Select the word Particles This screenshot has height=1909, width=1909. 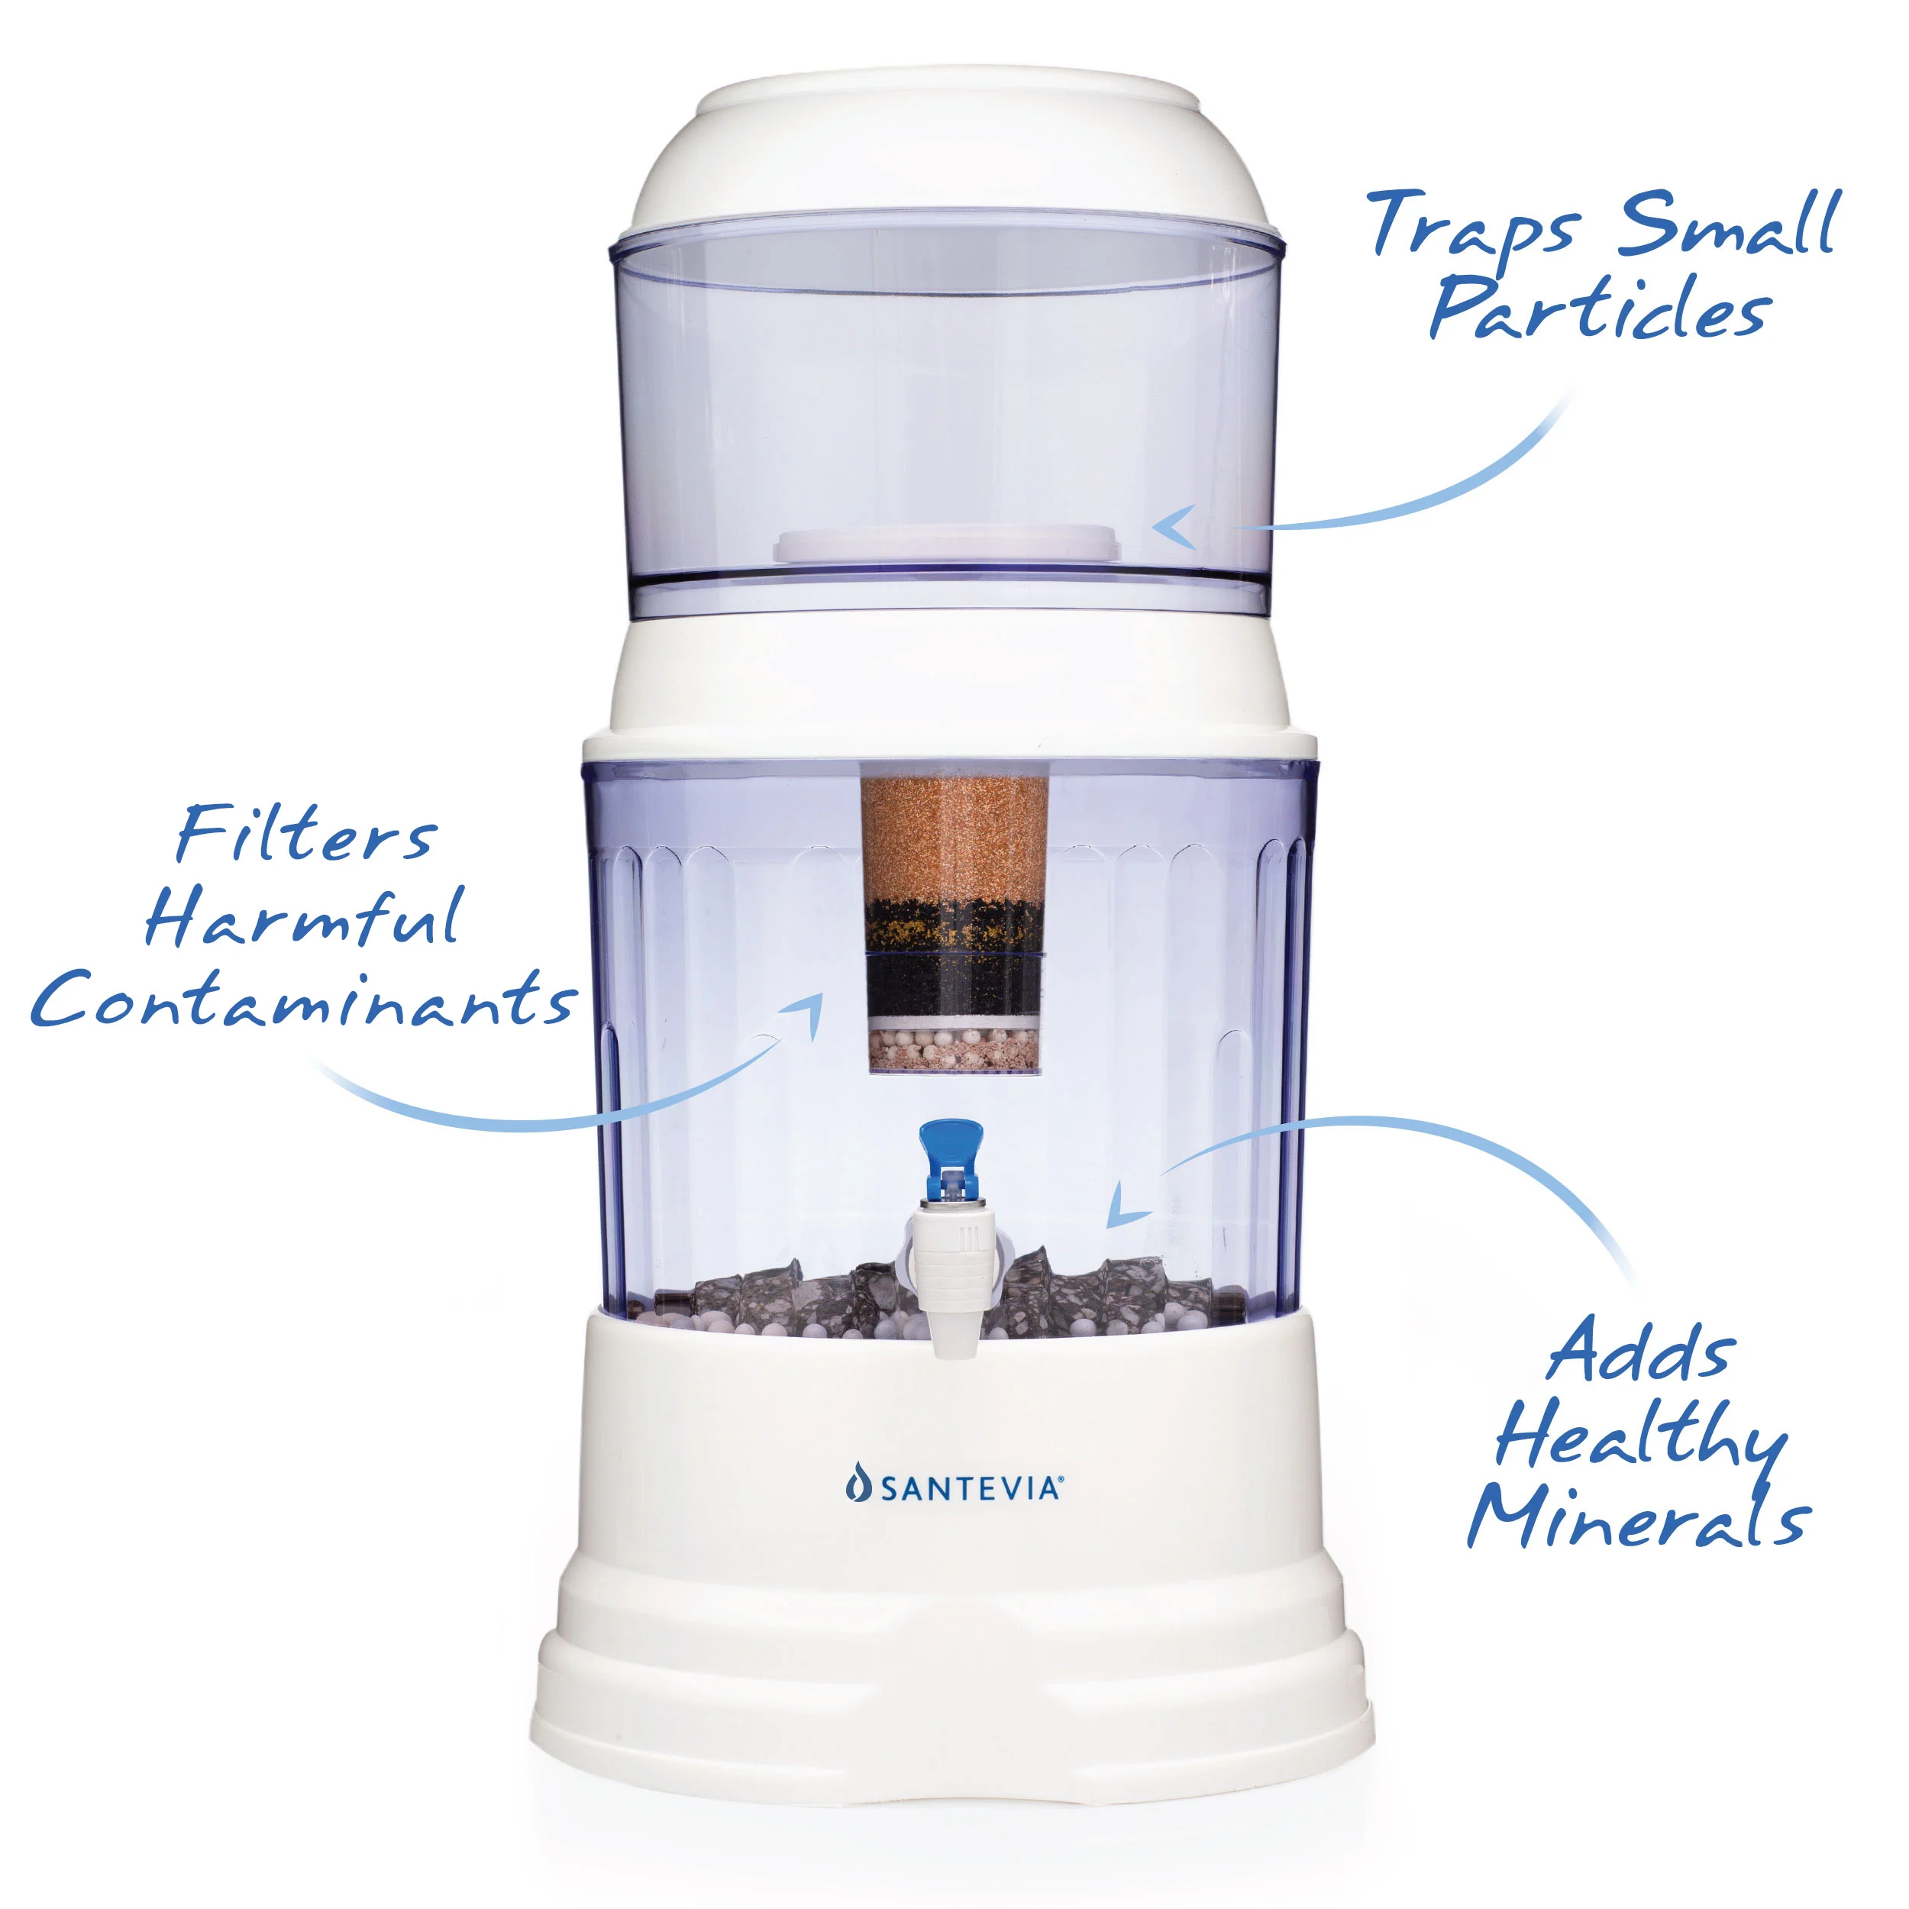tap(1599, 310)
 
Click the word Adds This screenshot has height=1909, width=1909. tap(1639, 1352)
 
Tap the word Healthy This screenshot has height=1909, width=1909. tap(1640, 1435)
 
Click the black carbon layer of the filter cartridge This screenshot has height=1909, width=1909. tap(954, 984)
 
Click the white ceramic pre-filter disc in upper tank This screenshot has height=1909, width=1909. tap(947, 544)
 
